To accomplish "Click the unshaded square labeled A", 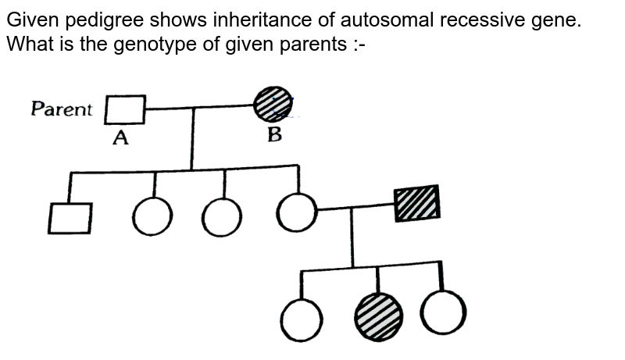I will [x=125, y=109].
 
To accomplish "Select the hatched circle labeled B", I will [x=273, y=104].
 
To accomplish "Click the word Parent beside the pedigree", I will [x=62, y=109].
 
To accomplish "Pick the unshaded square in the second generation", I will [x=70, y=218].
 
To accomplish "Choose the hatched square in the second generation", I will [x=417, y=204].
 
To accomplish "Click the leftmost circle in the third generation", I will [x=302, y=320].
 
